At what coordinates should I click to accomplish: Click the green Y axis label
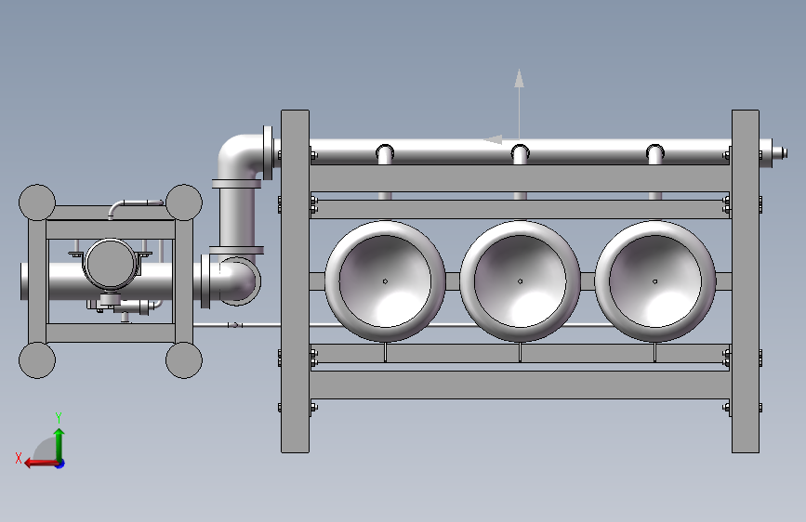(59, 417)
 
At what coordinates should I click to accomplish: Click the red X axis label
(19, 458)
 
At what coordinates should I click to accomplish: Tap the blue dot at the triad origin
(60, 463)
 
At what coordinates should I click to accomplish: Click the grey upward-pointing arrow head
(519, 78)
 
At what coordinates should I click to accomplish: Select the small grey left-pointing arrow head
(493, 139)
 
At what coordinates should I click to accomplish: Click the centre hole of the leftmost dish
(385, 281)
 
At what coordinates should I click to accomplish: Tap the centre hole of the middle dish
(521, 281)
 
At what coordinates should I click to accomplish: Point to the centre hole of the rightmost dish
(654, 281)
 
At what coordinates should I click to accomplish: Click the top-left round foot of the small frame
(37, 202)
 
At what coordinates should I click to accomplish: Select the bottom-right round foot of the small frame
(184, 360)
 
